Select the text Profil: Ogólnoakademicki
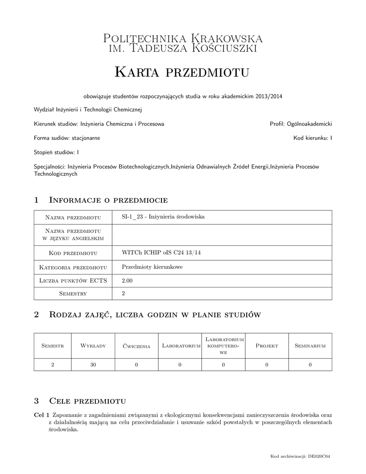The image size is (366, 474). [x=301, y=124]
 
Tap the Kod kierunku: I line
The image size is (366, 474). [x=313, y=138]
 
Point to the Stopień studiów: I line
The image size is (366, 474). [x=56, y=152]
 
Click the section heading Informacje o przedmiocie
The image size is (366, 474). [x=108, y=200]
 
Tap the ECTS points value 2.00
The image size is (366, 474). [x=127, y=281]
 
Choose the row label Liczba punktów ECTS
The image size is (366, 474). [x=74, y=281]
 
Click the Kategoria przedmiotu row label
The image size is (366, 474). [x=74, y=267]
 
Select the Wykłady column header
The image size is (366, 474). [x=93, y=346]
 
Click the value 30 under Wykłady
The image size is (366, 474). [x=93, y=365]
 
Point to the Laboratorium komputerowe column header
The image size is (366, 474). [x=223, y=346]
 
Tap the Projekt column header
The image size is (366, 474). [x=267, y=346]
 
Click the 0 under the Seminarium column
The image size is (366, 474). [x=310, y=365]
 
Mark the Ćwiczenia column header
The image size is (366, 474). [x=136, y=346]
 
